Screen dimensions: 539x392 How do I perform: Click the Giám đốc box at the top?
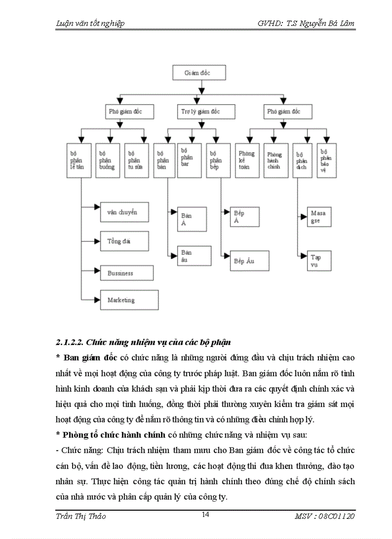[x=198, y=73]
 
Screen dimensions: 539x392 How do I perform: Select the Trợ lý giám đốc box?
[x=206, y=112]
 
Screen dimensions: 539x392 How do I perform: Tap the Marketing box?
[x=129, y=300]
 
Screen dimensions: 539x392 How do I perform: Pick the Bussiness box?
[x=129, y=273]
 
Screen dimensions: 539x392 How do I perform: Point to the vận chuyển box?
[x=124, y=211]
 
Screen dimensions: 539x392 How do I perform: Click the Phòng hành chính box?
[x=276, y=160]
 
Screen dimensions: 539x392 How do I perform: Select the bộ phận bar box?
[x=189, y=160]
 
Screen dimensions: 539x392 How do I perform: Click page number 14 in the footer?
[x=205, y=515]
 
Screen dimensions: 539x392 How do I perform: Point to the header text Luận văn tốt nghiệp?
[x=91, y=24]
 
